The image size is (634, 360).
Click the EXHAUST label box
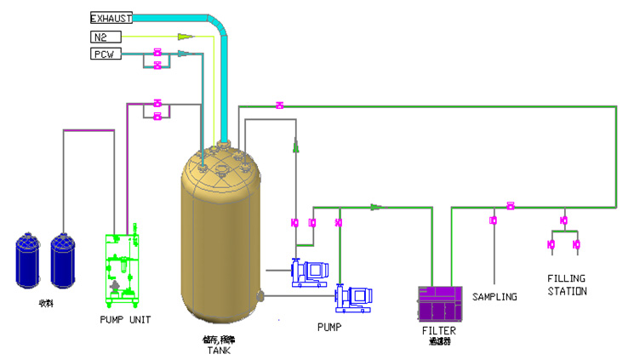[x=111, y=18]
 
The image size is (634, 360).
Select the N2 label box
[x=106, y=37]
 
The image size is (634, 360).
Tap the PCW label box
[x=106, y=54]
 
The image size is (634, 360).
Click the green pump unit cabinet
[x=122, y=266]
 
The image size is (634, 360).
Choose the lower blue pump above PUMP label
[x=352, y=297]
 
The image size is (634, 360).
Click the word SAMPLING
[x=494, y=297]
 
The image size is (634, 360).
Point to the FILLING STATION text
[x=567, y=285]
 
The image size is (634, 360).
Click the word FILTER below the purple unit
[x=439, y=330]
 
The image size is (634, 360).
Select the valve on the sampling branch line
[x=493, y=221]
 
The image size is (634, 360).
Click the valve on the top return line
[x=279, y=106]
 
